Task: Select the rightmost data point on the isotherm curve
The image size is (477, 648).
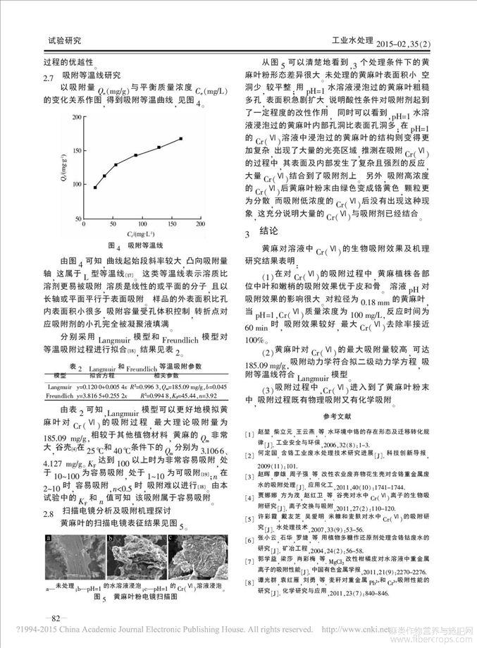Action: tap(181, 138)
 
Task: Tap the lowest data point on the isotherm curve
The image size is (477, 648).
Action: tap(95, 187)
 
